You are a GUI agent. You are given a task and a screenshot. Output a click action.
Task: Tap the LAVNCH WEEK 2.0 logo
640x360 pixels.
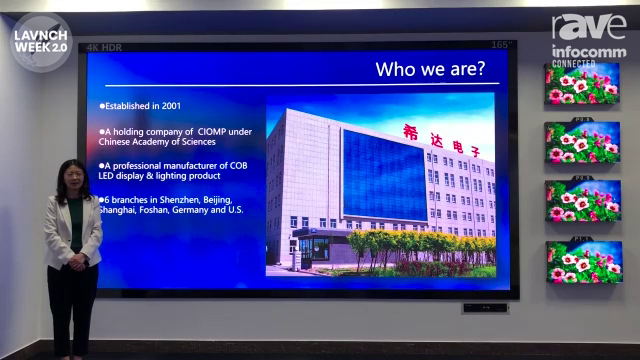click(x=40, y=42)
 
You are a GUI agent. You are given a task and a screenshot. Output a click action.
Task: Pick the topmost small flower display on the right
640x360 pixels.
click(x=582, y=83)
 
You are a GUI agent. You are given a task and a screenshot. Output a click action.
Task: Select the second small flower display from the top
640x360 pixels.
click(x=582, y=142)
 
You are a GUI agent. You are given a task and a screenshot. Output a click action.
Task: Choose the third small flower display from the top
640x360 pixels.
click(x=582, y=201)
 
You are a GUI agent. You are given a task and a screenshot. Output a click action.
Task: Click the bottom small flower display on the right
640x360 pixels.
click(x=583, y=261)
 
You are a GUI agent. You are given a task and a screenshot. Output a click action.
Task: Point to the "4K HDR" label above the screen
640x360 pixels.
click(x=103, y=47)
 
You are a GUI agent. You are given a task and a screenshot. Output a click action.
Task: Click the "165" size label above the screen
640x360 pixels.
click(x=502, y=45)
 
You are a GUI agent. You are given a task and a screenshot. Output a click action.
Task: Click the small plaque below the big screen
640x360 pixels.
click(x=484, y=308)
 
